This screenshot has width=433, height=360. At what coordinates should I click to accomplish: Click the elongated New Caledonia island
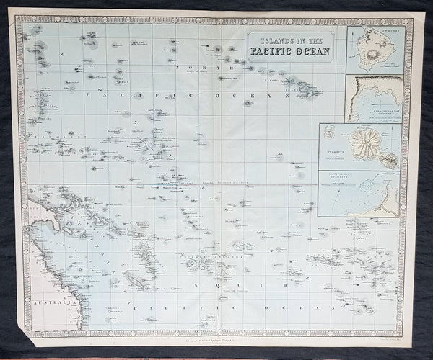click(137, 279)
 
